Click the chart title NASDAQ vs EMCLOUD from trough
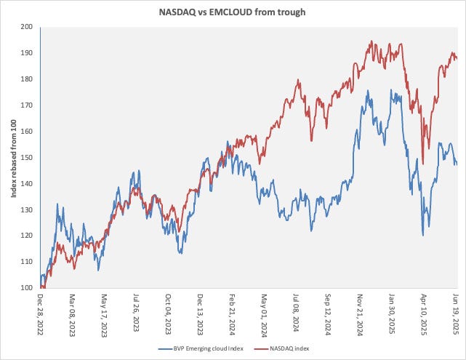233,12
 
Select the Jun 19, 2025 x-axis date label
457,311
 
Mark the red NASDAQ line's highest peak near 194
371,41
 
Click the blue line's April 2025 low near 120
423,234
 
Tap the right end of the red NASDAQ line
457,58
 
